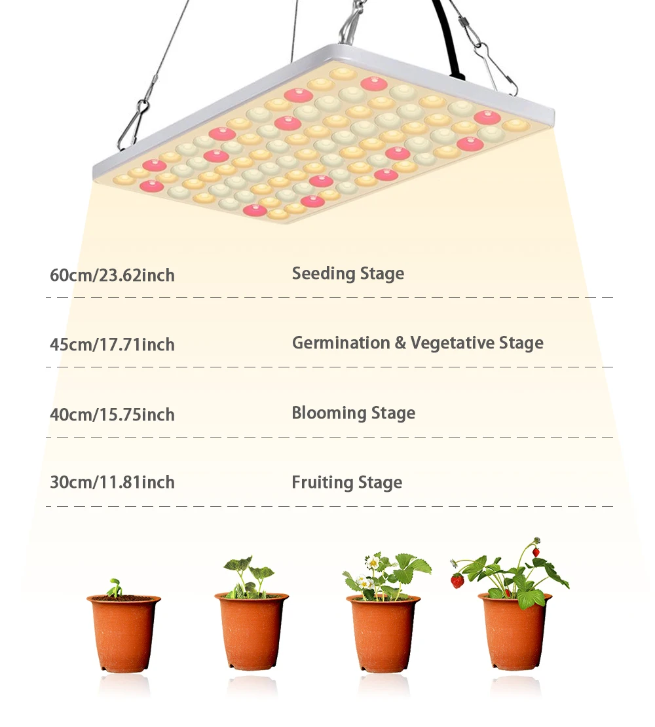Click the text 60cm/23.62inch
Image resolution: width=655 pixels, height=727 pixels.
(112, 275)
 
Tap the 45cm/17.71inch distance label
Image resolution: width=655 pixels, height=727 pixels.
(112, 345)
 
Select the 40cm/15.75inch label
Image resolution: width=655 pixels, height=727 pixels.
(112, 415)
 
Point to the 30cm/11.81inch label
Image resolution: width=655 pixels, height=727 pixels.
(112, 483)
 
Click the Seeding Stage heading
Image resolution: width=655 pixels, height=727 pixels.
(348, 274)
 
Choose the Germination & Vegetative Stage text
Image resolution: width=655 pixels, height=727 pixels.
(417, 343)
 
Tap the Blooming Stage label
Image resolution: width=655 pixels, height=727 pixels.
(353, 413)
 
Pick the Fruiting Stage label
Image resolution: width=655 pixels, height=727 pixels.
(346, 483)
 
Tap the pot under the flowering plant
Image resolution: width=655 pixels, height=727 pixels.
(383, 631)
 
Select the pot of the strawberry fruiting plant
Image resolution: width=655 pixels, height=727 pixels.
(514, 631)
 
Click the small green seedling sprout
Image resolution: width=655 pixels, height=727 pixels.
(115, 587)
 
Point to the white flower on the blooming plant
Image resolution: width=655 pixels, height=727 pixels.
(372, 562)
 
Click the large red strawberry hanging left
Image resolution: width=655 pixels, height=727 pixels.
(457, 580)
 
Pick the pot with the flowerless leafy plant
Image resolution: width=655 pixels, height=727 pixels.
(252, 631)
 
